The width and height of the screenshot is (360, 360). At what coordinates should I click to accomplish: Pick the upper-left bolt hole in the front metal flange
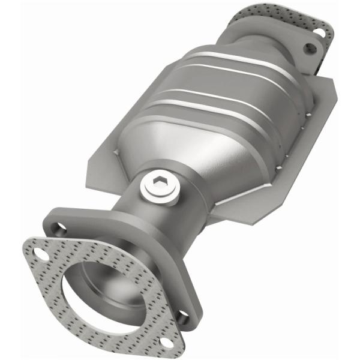click(58, 227)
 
